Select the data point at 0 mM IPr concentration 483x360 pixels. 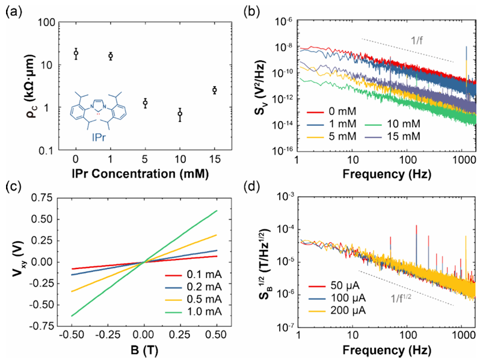click(76, 54)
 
